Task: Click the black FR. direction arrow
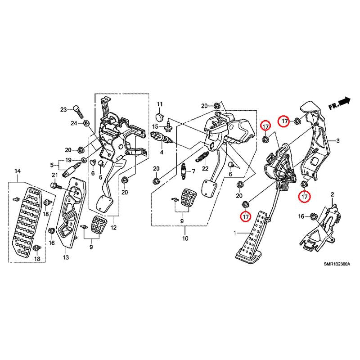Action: point(345,101)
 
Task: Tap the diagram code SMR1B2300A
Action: point(337,264)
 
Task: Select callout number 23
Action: point(63,110)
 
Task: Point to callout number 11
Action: point(160,104)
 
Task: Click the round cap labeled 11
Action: point(159,117)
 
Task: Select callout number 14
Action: point(18,171)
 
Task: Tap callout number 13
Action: point(66,257)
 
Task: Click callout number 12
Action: point(113,228)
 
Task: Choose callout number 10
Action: point(185,238)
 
